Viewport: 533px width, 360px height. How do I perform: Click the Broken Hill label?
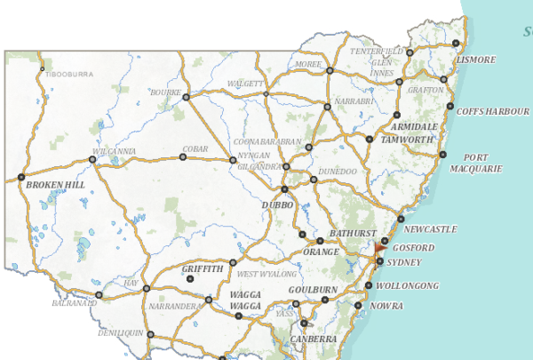click(x=55, y=186)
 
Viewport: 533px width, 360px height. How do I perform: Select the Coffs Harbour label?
click(x=492, y=111)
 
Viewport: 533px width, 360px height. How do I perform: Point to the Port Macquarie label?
click(x=475, y=164)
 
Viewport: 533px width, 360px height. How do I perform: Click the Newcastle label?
click(x=430, y=229)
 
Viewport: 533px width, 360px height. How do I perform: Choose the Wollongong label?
click(x=407, y=286)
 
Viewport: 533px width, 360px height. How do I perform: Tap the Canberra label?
click(x=313, y=339)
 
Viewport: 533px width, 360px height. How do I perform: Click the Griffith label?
click(x=203, y=268)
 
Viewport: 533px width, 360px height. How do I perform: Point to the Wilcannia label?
click(x=113, y=151)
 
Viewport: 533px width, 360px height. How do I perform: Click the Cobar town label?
click(x=195, y=148)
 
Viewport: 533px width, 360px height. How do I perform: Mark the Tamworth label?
click(x=406, y=140)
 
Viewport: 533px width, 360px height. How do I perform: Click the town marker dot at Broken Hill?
click(x=20, y=177)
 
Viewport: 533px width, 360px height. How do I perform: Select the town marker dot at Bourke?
click(x=186, y=97)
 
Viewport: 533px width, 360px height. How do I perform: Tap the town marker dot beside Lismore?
click(x=456, y=44)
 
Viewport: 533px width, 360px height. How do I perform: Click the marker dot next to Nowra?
click(x=357, y=306)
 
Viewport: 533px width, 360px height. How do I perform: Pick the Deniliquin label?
click(x=120, y=332)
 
